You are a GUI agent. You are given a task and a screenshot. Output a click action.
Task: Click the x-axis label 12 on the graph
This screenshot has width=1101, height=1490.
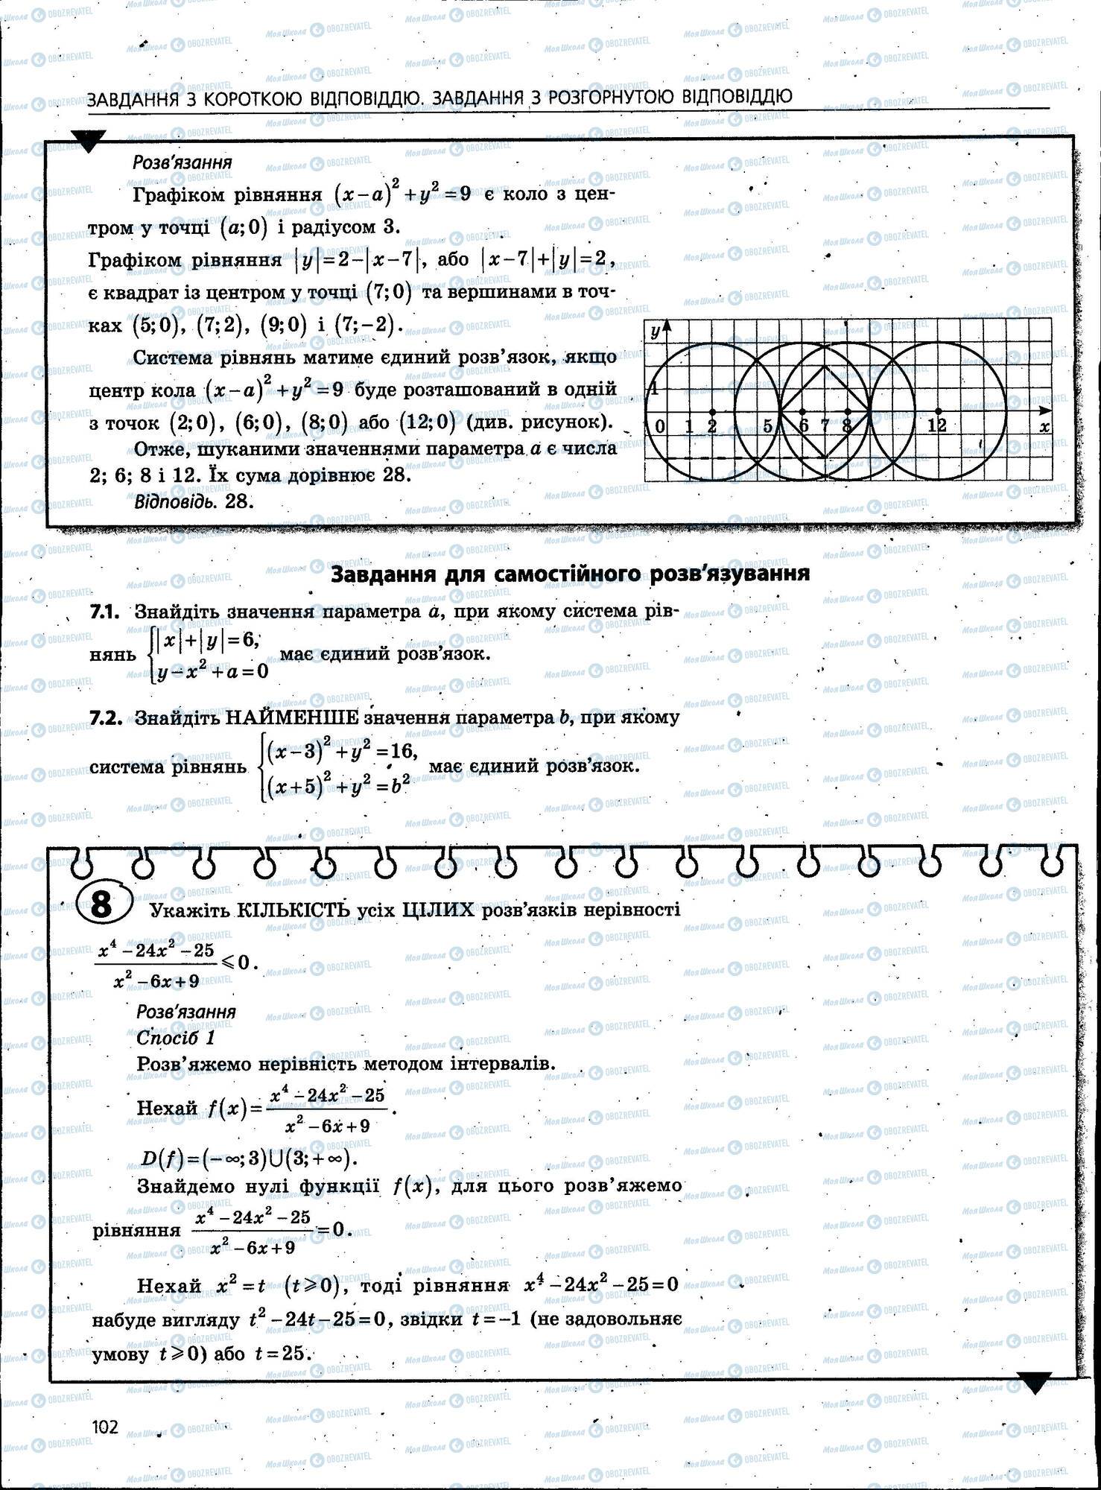click(937, 425)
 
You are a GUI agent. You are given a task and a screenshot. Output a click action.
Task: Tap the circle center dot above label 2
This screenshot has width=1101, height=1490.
click(712, 411)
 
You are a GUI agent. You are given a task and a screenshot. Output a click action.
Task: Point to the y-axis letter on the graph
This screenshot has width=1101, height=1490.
click(655, 332)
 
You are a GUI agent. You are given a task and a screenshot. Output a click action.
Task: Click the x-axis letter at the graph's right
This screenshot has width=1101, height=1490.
click(1044, 427)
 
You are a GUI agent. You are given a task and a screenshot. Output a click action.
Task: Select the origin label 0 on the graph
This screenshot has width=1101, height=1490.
click(660, 426)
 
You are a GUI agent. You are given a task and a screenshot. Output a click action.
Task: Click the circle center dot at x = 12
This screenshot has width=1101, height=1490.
click(938, 410)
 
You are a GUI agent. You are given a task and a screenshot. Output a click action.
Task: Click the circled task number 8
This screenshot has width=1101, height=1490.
click(102, 904)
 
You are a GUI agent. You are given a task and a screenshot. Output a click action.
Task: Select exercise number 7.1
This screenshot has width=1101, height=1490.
click(105, 612)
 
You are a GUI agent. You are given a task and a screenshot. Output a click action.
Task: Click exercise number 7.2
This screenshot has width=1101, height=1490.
click(105, 717)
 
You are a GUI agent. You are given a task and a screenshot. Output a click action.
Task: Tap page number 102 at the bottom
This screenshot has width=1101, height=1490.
click(105, 1426)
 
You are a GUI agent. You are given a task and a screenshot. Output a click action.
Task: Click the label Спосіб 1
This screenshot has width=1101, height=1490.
click(176, 1037)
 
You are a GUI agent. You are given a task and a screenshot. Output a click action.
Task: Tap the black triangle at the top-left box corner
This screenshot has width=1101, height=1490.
click(88, 142)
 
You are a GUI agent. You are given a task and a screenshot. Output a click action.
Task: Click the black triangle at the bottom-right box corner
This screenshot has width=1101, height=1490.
click(1033, 1383)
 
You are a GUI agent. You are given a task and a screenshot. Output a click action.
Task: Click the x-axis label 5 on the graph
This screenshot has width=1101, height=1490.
click(768, 426)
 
